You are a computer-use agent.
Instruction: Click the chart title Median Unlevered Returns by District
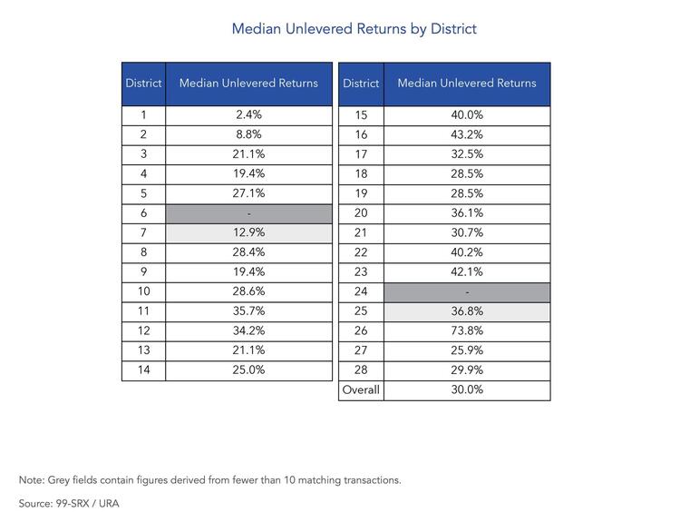coord(354,29)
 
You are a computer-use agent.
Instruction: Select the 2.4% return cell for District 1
coord(248,114)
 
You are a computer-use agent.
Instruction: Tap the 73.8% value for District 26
coord(467,330)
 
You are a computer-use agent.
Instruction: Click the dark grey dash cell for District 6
coord(249,213)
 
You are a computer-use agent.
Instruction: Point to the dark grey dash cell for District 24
coord(467,292)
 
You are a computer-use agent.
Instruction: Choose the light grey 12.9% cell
coord(249,233)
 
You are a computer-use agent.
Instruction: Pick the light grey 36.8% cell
coord(467,311)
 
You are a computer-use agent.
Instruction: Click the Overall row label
coord(361,389)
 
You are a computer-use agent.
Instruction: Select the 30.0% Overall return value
coord(467,389)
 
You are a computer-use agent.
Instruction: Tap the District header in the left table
coord(143,83)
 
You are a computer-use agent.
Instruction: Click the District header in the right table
coord(361,83)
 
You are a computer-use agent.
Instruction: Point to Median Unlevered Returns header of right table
coord(467,83)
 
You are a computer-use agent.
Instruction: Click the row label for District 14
coord(143,370)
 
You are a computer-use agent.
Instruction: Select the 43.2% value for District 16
coord(467,134)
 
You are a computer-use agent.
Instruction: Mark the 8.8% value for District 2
coord(248,134)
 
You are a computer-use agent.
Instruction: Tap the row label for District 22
coord(361,252)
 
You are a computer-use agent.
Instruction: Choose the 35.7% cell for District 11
coord(248,311)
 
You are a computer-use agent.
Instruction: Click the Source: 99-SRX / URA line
coord(69,504)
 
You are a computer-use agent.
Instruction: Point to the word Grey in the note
coord(58,480)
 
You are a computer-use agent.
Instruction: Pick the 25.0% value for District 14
coord(248,370)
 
